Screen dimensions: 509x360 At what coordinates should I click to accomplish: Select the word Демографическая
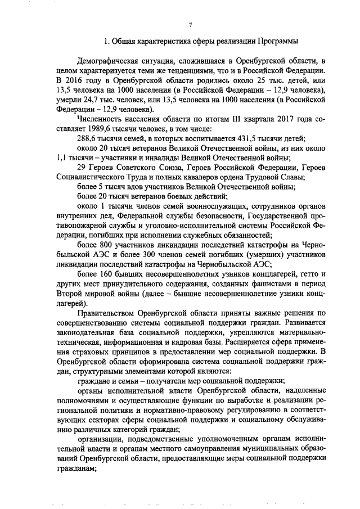(x=109, y=60)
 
